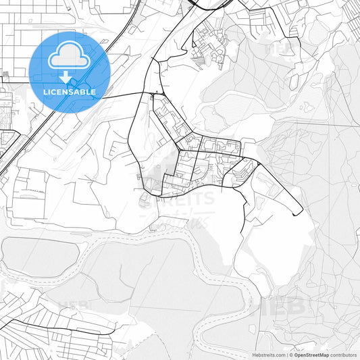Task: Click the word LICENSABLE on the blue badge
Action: click(70, 91)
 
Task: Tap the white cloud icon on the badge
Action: click(70, 55)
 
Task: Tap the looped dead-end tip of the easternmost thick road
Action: click(298, 214)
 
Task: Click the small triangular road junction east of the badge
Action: click(157, 93)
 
